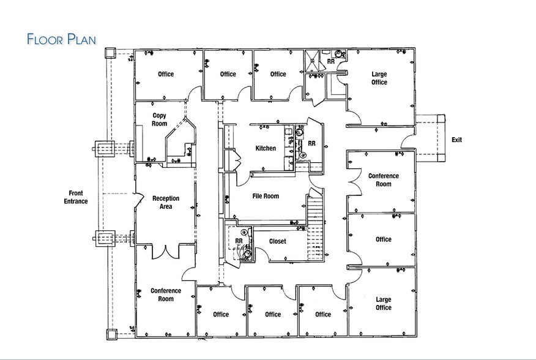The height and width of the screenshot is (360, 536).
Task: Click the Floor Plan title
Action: (x=61, y=39)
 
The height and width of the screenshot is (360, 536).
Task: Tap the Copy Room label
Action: (x=159, y=119)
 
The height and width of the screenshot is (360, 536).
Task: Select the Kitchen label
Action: (x=266, y=148)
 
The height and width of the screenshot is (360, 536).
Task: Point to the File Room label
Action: (x=266, y=197)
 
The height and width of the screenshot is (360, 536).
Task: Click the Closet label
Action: (x=277, y=241)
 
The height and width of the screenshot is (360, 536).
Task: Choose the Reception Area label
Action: (x=166, y=203)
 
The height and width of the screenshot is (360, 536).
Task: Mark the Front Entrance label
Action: (x=76, y=197)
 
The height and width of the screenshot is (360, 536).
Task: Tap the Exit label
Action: (x=456, y=140)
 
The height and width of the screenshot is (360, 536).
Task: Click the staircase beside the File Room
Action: (x=314, y=223)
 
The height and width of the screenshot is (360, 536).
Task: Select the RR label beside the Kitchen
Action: (x=311, y=143)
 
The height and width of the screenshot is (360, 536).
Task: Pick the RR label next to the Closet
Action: (x=239, y=241)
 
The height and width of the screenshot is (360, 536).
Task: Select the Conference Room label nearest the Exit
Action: (x=383, y=180)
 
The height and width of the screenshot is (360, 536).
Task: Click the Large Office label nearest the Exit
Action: (x=379, y=78)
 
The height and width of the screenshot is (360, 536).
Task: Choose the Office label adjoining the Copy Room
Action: (x=166, y=75)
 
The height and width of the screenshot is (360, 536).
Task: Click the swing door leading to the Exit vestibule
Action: (x=408, y=141)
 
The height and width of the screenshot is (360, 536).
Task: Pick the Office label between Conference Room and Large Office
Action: (x=384, y=239)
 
